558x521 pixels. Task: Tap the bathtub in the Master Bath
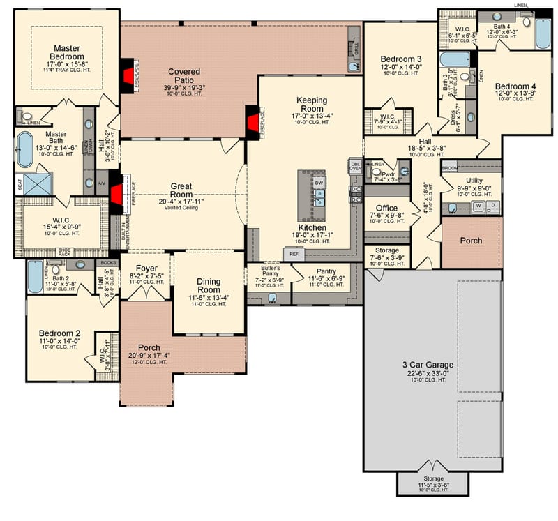(x=24, y=149)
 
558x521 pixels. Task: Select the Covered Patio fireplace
(x=128, y=72)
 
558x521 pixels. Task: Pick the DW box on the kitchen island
(x=319, y=182)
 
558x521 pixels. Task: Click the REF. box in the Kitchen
(x=294, y=255)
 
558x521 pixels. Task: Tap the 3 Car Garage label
(x=428, y=365)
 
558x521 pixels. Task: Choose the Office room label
(x=386, y=209)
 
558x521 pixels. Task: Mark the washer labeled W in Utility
(x=478, y=206)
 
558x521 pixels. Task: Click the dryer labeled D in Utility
(x=492, y=206)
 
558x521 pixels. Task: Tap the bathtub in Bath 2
(x=35, y=277)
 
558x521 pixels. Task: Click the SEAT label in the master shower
(x=20, y=185)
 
